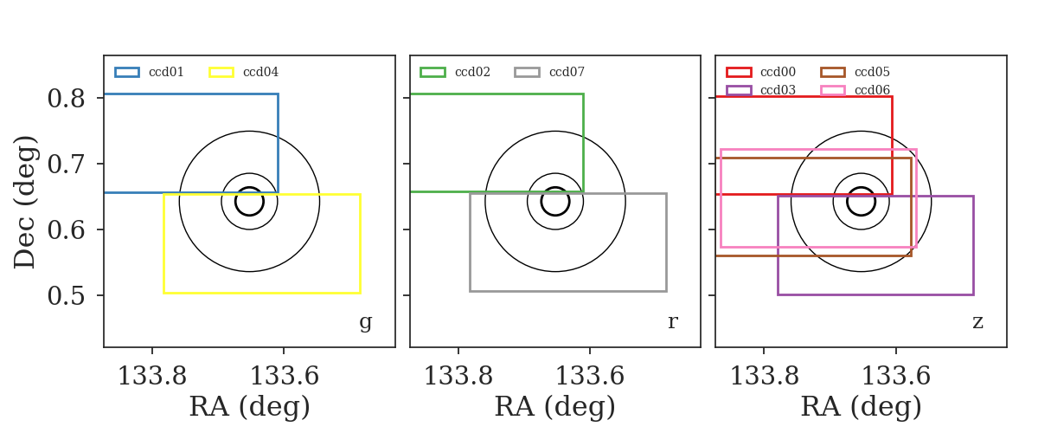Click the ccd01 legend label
tap(166, 73)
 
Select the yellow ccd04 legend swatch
tap(221, 73)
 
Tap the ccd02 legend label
tap(472, 73)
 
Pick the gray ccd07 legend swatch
tap(527, 73)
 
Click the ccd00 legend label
tap(778, 73)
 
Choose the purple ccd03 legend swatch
tap(739, 90)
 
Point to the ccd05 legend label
tap(872, 73)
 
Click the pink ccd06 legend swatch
tap(833, 90)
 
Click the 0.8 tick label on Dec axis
tap(67, 99)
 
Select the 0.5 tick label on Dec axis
tap(67, 295)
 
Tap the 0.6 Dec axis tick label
tap(67, 229)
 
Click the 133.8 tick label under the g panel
tap(152, 376)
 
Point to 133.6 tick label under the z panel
tap(896, 376)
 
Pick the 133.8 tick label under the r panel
tap(458, 376)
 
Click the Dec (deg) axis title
tap(24, 202)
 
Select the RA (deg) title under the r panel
tap(555, 406)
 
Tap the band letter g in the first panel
tap(366, 322)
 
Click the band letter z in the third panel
tap(977, 321)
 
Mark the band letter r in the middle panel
tap(673, 321)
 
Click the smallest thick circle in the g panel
tap(249, 188)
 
